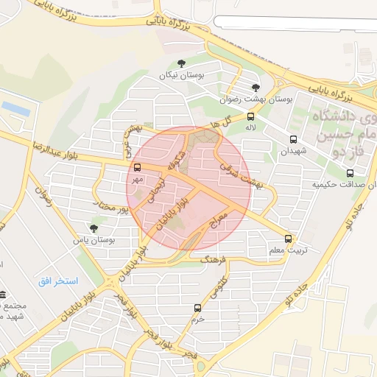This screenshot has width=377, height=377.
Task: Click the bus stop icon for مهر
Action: click(138, 166)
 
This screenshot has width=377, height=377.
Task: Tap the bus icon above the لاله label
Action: click(251, 116)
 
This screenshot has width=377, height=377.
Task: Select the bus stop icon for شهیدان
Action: click(293, 139)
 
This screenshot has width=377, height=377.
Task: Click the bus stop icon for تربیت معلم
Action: click(288, 239)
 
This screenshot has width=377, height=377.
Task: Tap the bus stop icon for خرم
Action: click(197, 308)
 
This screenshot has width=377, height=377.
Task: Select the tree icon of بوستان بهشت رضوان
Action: click(255, 87)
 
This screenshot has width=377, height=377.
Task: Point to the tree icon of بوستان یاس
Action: click(93, 228)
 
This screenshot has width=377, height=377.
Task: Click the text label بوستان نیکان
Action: click(182, 76)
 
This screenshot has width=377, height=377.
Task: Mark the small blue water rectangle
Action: click(15, 109)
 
